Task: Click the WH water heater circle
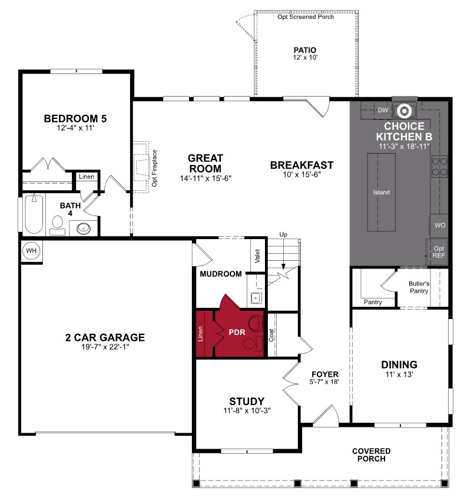(30, 251)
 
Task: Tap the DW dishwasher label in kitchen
(383, 110)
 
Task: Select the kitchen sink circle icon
(405, 110)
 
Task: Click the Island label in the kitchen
(381, 193)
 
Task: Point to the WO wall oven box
(439, 225)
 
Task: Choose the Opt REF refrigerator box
(439, 252)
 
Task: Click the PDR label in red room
(236, 332)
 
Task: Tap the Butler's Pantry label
(419, 287)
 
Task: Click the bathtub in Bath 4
(34, 214)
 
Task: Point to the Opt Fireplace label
(155, 168)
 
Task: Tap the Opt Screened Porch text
(306, 17)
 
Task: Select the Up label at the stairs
(283, 235)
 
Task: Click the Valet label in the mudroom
(257, 256)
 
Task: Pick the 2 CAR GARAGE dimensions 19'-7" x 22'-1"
(105, 347)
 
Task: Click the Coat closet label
(271, 335)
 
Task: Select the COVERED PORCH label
(372, 454)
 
